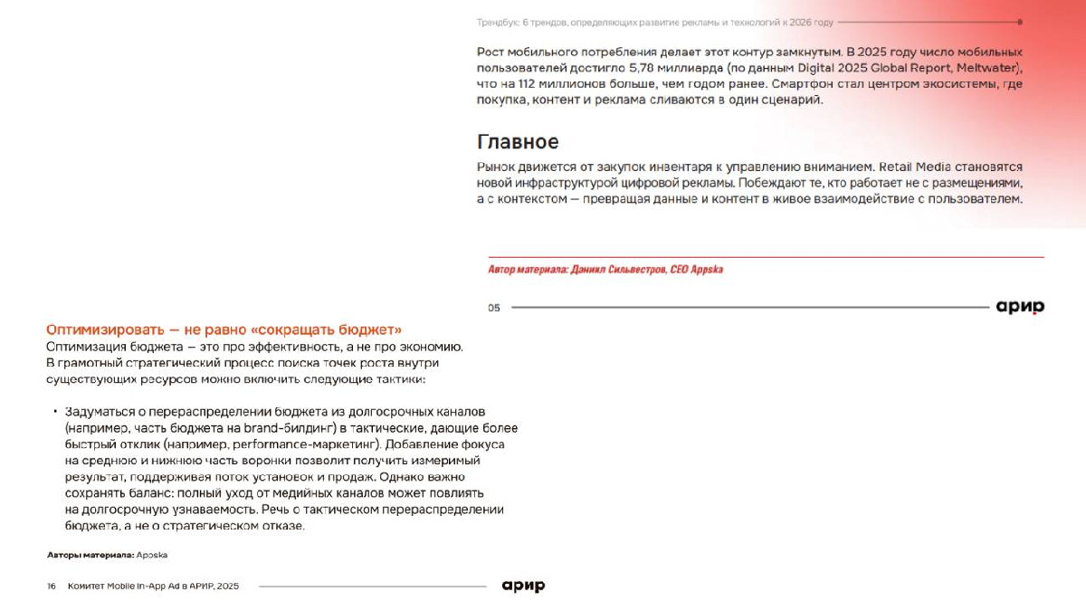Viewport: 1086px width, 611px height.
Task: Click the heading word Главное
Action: (x=518, y=142)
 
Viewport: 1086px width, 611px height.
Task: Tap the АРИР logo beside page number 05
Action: (x=1020, y=307)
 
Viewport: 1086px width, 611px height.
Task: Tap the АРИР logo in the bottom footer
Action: (x=523, y=586)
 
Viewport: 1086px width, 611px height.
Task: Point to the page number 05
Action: (x=494, y=308)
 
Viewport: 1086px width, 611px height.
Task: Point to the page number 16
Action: (x=52, y=587)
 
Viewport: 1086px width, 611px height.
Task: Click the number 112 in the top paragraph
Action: (x=529, y=84)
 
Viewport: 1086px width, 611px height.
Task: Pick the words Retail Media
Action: (x=915, y=167)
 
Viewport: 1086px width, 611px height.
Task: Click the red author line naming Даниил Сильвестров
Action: (x=605, y=270)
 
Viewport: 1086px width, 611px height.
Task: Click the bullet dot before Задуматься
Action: (x=55, y=412)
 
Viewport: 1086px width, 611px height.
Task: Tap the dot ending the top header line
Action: (x=1020, y=22)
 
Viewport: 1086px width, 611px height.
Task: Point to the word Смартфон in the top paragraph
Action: (x=801, y=84)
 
